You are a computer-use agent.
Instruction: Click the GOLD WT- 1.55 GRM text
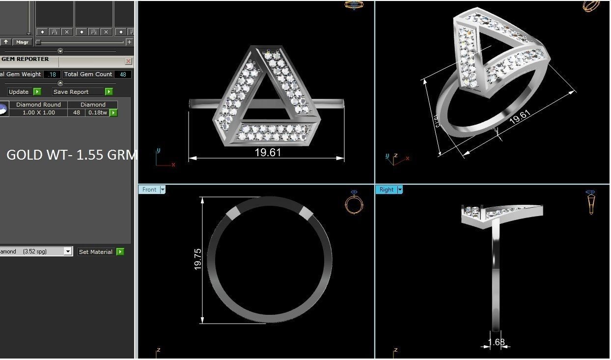click(71, 155)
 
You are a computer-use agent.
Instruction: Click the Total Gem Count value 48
click(123, 74)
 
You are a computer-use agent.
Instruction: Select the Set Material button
click(96, 252)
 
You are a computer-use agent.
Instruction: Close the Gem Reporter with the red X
click(128, 61)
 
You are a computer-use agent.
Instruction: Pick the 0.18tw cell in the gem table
click(97, 112)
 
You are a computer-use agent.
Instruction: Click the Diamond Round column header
click(38, 105)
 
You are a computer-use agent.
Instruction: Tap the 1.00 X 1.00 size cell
click(38, 112)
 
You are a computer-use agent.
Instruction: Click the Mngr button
click(22, 42)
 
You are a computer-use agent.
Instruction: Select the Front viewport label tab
click(149, 190)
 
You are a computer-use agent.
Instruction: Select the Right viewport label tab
click(387, 190)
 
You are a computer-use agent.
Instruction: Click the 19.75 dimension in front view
click(198, 259)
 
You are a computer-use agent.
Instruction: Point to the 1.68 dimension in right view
click(496, 342)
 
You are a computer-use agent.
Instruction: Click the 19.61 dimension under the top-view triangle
click(268, 153)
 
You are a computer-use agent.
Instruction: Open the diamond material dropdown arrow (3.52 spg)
click(68, 252)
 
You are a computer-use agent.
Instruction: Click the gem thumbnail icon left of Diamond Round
click(3, 109)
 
